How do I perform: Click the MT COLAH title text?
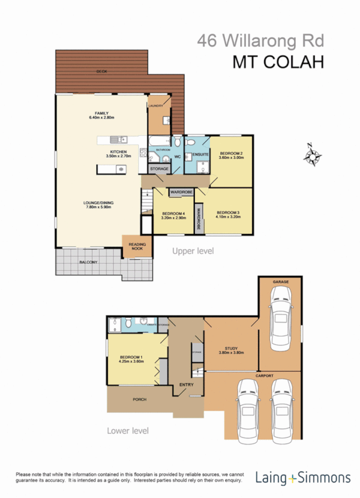pyautogui.click(x=277, y=62)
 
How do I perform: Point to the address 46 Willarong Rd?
pyautogui.click(x=261, y=41)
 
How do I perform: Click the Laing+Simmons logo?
pyautogui.click(x=303, y=477)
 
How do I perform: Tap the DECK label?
pyautogui.click(x=102, y=71)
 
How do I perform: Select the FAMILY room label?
pyautogui.click(x=102, y=114)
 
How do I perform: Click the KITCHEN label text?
pyautogui.click(x=119, y=151)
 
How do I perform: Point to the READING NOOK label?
pyautogui.click(x=137, y=247)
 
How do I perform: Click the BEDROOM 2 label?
pyautogui.click(x=230, y=153)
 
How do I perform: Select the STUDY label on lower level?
pyautogui.click(x=231, y=348)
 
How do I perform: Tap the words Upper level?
pyautogui.click(x=194, y=251)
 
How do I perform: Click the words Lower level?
pyautogui.click(x=128, y=430)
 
